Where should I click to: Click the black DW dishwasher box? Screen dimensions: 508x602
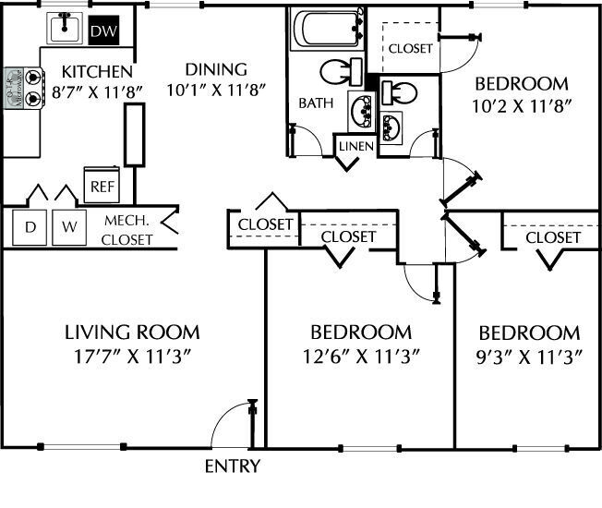point(102,32)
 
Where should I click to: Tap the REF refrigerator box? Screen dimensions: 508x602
point(100,185)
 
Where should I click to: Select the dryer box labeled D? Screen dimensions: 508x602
point(30,226)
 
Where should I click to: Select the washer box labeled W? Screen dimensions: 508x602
point(68,226)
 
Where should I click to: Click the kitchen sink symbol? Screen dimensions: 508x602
point(64,30)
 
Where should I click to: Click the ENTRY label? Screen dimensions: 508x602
point(232,466)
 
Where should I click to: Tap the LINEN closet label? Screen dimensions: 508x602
point(355,147)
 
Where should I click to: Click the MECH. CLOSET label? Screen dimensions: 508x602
point(127,229)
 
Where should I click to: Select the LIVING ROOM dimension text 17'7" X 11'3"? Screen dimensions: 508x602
point(132,356)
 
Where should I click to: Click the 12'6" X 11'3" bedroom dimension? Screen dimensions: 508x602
point(360,356)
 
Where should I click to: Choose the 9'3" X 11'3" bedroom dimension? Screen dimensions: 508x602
point(529,356)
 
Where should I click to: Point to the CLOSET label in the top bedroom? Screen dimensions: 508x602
point(410,48)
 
